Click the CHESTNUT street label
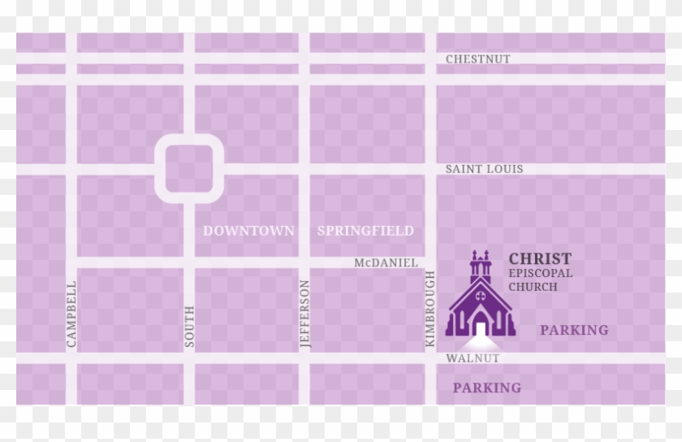click(x=477, y=59)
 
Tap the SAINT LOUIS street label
click(x=484, y=169)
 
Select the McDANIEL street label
click(x=386, y=262)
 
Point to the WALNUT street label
click(x=473, y=358)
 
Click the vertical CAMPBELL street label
click(x=71, y=314)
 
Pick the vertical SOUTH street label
click(x=189, y=326)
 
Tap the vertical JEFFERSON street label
click(x=305, y=314)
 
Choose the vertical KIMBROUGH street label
click(x=430, y=311)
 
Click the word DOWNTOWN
click(x=248, y=231)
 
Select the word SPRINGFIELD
click(x=365, y=231)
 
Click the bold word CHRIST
click(x=540, y=258)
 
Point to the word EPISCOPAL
click(x=541, y=273)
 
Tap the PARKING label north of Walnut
click(x=574, y=330)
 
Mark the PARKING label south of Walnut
click(x=487, y=388)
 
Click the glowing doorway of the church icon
click(x=480, y=327)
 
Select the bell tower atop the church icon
click(x=480, y=264)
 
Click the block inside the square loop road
click(x=189, y=169)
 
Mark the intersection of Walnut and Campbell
click(x=71, y=358)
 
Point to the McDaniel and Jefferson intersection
click(x=304, y=262)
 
